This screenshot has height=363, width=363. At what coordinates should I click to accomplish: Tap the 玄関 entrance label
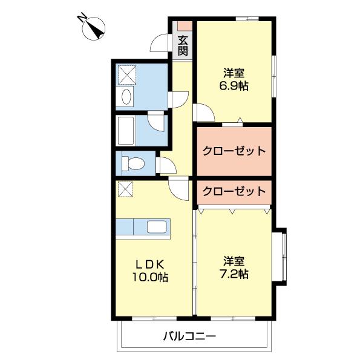point(183,45)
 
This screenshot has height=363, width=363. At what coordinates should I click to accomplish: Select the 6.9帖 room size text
point(234,85)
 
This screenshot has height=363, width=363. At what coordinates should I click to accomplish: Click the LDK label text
point(151,265)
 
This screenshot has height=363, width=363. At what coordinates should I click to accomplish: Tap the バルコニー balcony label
point(189,336)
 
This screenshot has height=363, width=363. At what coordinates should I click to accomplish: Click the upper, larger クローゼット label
point(234,151)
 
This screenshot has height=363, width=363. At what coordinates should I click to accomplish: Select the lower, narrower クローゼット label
point(234,191)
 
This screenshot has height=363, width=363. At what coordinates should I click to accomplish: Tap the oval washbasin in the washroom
point(126,97)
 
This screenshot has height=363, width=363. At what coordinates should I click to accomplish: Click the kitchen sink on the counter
point(159,227)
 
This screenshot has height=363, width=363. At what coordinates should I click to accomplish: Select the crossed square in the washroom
point(126,74)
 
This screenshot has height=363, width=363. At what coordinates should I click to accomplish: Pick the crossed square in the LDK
point(125,189)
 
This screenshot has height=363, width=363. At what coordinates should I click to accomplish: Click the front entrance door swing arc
point(160,43)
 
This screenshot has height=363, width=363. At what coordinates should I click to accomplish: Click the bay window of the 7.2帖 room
point(281,256)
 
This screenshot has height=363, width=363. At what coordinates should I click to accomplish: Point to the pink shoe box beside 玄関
point(183,26)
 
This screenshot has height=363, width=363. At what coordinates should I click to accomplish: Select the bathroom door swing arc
point(158,122)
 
